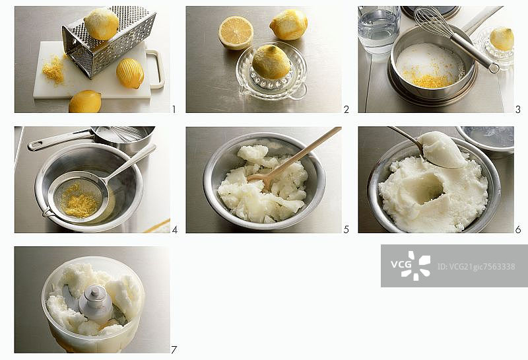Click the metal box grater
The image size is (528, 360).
pos(108,42)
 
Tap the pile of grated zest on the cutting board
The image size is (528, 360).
pos(54,69)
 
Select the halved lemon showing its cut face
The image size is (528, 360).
pos(236,32)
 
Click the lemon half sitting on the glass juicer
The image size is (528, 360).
pos(271,62)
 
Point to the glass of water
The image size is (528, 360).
pos(379,30)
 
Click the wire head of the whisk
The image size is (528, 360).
pos(432,21)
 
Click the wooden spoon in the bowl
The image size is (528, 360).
pos(294,158)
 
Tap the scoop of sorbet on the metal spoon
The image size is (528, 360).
pos(442,149)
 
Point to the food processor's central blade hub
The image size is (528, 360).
pos(95,303)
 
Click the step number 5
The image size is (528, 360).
pos(346,230)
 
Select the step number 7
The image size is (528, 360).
pos(174,350)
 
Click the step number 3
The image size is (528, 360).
pos(518,109)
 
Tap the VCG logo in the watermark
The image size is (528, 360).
pos(411,266)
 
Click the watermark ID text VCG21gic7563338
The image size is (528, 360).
pos(476,267)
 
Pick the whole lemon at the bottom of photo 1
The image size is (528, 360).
pos(85,102)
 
